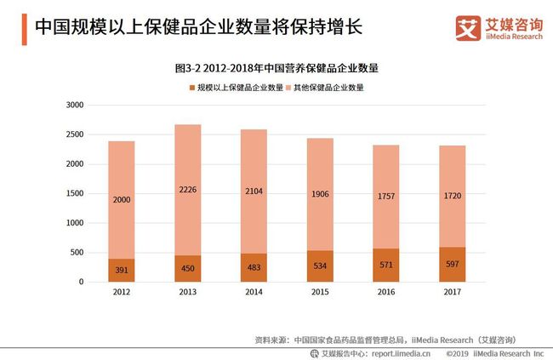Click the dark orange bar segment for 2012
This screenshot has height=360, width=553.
point(121,270)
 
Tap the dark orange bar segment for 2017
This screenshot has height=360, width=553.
point(453,264)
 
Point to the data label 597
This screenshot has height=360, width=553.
point(453,265)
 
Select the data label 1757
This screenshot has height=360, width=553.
point(386,197)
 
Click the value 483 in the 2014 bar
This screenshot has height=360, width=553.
point(254,268)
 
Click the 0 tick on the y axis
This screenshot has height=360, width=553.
point(80,282)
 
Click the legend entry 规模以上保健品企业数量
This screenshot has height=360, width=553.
point(239,88)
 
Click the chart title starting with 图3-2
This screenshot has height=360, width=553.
point(276,66)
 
